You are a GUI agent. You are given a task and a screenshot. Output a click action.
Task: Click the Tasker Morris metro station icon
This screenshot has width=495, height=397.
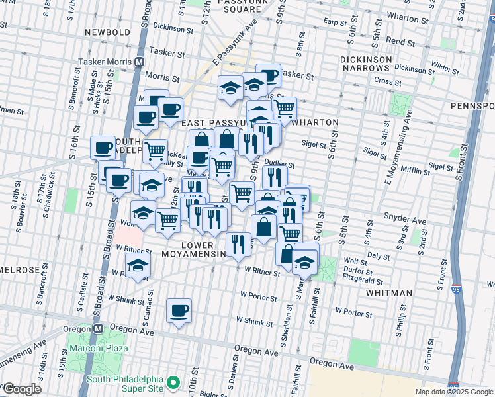[x=140, y=61]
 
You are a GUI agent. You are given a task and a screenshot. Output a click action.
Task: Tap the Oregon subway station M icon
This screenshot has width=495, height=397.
[x=98, y=328]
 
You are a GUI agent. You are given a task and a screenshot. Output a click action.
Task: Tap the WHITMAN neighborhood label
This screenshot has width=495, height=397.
[x=388, y=292]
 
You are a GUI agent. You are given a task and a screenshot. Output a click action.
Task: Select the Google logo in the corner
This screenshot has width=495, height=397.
[x=21, y=389]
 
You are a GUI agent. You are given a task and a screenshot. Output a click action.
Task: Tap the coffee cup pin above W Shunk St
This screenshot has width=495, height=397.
[x=179, y=310]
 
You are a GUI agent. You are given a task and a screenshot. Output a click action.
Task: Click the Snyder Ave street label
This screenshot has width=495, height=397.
[x=404, y=218]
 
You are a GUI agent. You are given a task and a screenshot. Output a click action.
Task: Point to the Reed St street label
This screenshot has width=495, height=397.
[x=400, y=42]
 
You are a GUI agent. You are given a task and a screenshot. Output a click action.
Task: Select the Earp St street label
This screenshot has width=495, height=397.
[x=335, y=22]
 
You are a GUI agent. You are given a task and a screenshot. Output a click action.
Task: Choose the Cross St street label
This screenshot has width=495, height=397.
[x=382, y=80]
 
